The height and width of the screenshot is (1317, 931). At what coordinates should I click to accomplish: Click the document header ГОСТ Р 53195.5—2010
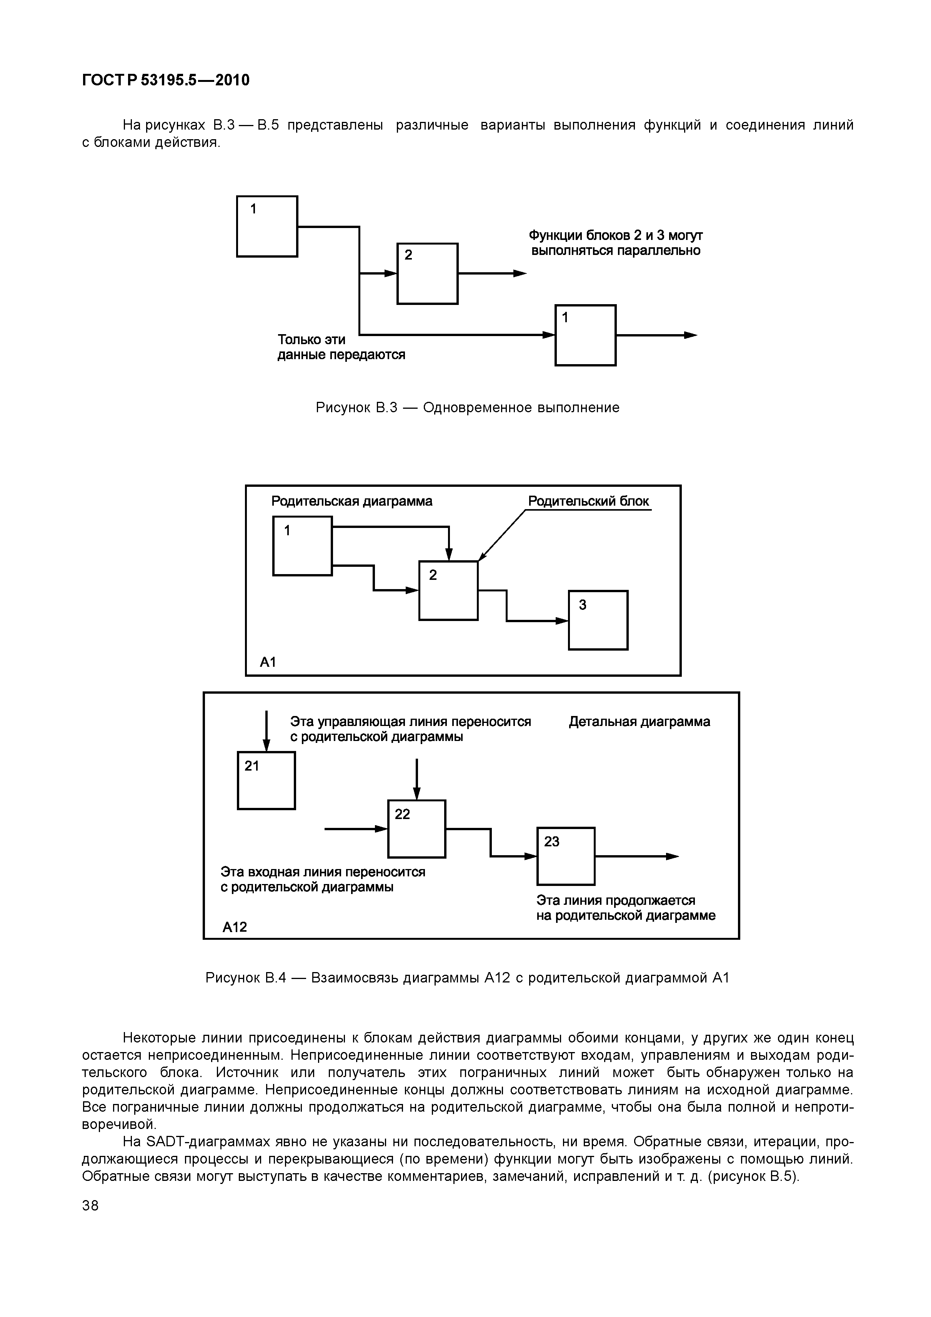(x=166, y=80)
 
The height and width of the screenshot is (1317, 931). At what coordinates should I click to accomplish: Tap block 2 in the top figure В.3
(x=427, y=274)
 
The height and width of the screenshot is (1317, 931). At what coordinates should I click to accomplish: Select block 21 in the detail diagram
(x=266, y=781)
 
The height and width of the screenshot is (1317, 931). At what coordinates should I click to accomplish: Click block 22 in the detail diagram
(x=416, y=829)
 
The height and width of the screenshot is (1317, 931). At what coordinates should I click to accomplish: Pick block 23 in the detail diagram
(x=566, y=856)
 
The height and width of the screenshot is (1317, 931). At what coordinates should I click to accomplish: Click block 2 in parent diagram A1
(x=448, y=590)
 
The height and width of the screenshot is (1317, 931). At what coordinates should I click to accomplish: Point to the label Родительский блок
(x=588, y=501)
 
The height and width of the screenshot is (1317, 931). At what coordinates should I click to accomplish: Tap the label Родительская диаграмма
(x=351, y=501)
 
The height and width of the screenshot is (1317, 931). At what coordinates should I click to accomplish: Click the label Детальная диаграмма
(x=639, y=722)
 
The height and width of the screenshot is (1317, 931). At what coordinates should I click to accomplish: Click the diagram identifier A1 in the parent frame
(x=268, y=663)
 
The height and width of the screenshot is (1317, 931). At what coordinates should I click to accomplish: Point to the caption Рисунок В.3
(x=468, y=408)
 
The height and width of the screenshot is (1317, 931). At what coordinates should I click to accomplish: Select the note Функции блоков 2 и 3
(x=615, y=243)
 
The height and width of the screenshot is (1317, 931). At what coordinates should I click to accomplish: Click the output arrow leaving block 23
(x=637, y=856)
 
